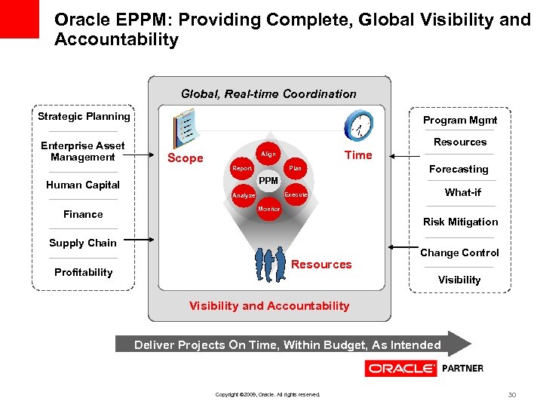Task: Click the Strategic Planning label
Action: click(84, 116)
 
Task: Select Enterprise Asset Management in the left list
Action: click(83, 151)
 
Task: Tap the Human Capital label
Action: click(83, 185)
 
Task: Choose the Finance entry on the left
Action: click(83, 214)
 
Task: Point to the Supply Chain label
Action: click(83, 243)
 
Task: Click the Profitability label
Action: click(83, 272)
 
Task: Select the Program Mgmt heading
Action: click(460, 120)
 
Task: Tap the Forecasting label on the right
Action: click(459, 169)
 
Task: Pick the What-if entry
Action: click(462, 192)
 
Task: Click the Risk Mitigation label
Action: click(460, 222)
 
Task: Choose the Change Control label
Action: click(459, 252)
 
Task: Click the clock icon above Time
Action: click(358, 126)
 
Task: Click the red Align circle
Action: click(268, 154)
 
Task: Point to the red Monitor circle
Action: click(268, 209)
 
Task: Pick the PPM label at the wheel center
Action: click(268, 181)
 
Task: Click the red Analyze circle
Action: click(243, 195)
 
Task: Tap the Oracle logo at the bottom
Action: click(400, 369)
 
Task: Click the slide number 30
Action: click(512, 394)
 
